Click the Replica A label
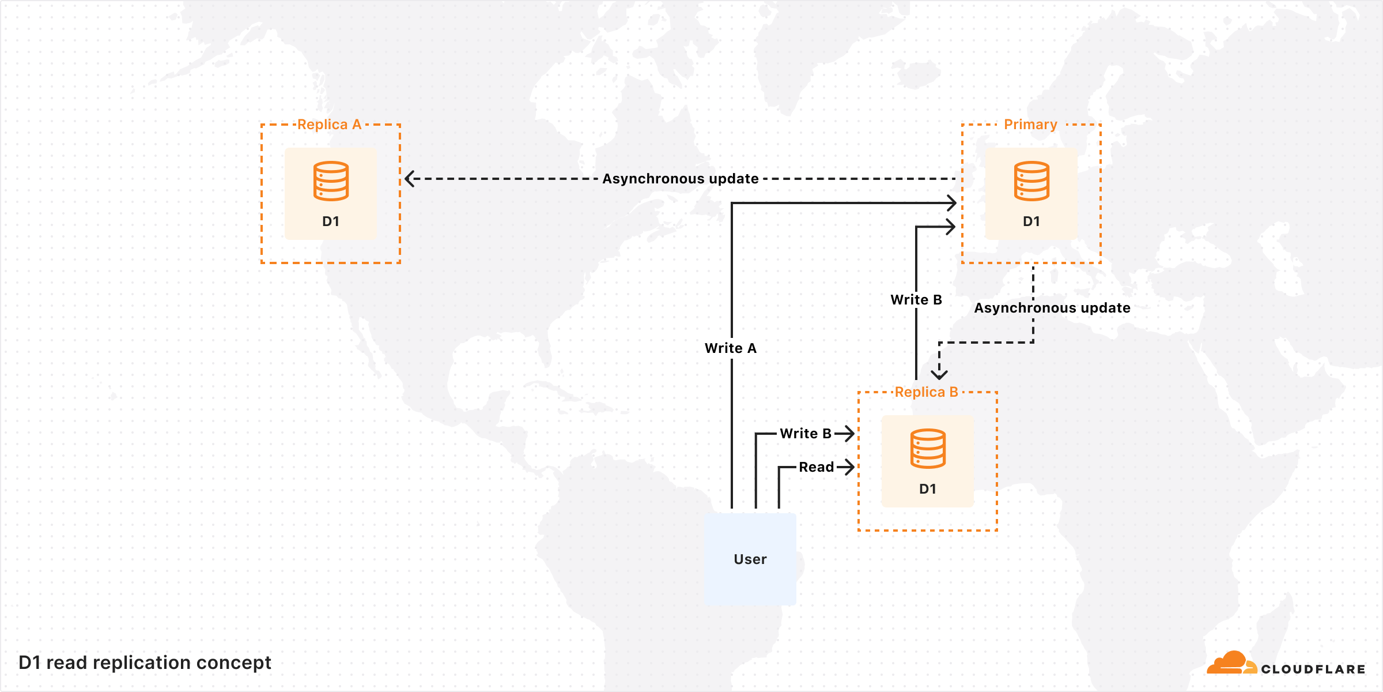pos(329,125)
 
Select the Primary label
pos(1030,125)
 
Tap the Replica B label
pos(926,392)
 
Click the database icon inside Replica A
pos(331,181)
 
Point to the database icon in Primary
pos(1031,181)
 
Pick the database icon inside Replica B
pos(928,449)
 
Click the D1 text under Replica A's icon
pos(331,221)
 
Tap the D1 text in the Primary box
pos(1031,221)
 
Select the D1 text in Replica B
pos(928,489)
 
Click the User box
pos(750,559)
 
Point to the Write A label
pos(731,348)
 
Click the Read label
pos(816,467)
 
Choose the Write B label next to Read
pos(806,434)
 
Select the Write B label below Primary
pos(916,300)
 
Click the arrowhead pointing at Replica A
pos(410,179)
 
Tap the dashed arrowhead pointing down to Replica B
pos(939,374)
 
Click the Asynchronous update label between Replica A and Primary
pos(681,179)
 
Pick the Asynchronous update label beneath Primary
pos(1052,308)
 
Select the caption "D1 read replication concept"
pos(145,663)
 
